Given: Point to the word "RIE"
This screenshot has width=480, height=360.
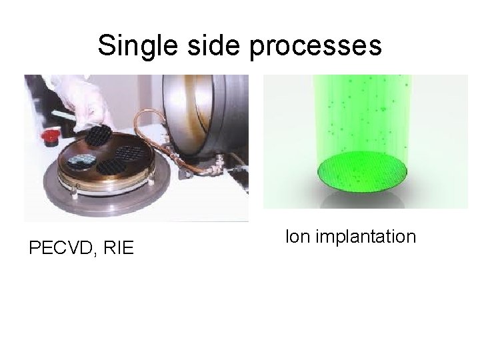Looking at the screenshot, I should pos(119,249).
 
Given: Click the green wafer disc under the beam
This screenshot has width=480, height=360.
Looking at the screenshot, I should pos(363,171).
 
